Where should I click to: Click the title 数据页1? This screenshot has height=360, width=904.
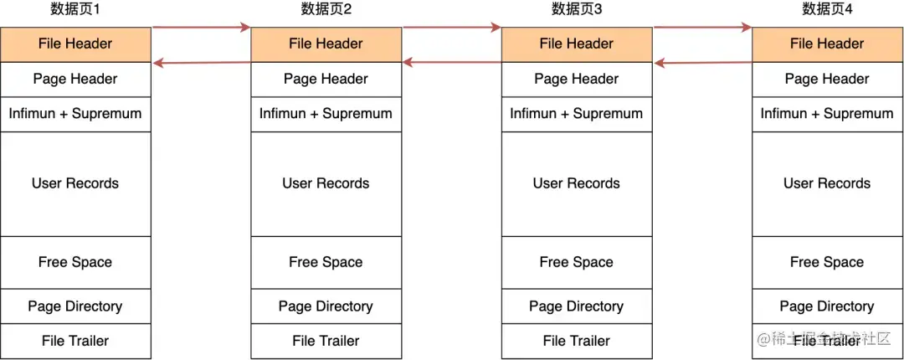point(75,10)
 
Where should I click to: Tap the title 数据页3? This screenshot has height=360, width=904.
point(577,10)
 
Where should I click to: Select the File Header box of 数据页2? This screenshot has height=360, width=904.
point(326,44)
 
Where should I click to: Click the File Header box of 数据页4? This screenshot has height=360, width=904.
point(827,44)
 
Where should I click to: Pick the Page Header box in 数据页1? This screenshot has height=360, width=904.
point(75,80)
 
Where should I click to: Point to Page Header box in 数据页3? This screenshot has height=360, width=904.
point(577,80)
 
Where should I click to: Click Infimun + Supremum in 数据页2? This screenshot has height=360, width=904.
point(326,114)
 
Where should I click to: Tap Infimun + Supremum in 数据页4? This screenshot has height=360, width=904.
point(827,114)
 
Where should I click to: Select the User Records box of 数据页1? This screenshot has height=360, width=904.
point(75,184)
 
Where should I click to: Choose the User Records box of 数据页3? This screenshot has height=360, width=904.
point(577,184)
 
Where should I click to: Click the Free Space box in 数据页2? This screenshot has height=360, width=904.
point(326,263)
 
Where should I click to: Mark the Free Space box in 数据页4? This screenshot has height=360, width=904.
point(827,263)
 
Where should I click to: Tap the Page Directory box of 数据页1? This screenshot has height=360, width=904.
point(75,306)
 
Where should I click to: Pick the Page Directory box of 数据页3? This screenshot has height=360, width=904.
point(577,306)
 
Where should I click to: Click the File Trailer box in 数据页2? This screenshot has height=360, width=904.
point(326,342)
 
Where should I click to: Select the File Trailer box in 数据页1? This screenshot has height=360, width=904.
point(75,342)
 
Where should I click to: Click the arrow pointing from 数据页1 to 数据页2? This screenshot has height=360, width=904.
point(201,28)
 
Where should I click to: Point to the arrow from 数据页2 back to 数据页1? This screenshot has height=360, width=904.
point(201,62)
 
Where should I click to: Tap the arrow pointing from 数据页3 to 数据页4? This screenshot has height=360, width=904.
point(702,28)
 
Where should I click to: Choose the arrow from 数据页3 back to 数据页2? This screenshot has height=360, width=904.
point(452,62)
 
